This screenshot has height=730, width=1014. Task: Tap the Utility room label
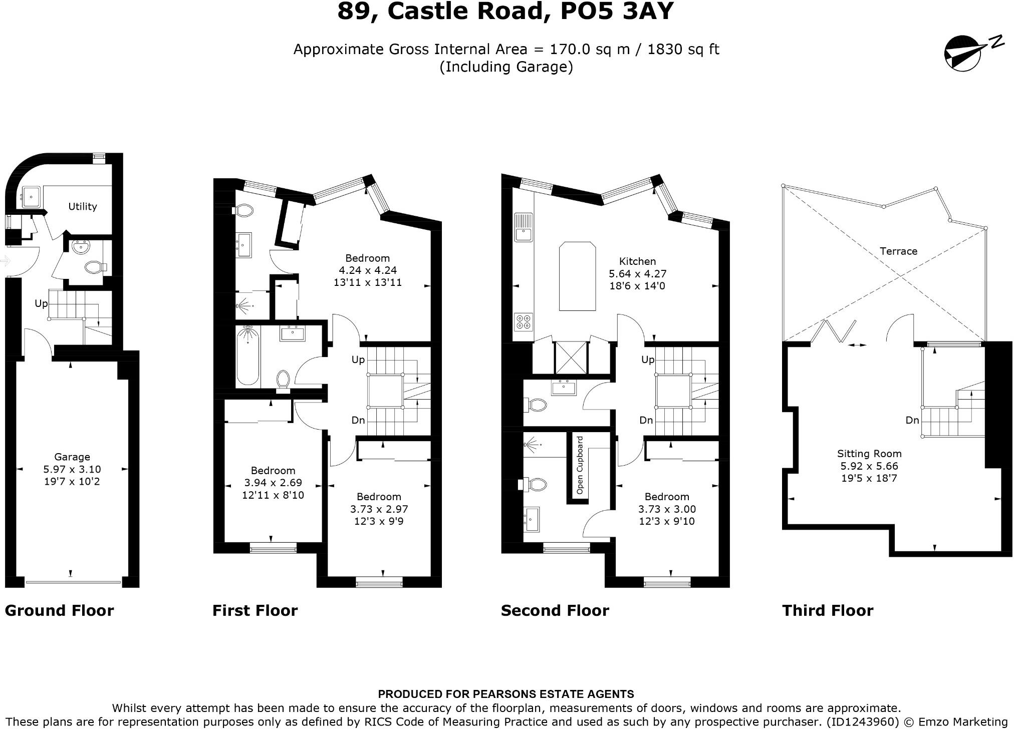pyautogui.click(x=83, y=206)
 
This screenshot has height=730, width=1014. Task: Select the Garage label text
pyautogui.click(x=72, y=457)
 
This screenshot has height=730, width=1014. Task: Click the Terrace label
pyautogui.click(x=898, y=251)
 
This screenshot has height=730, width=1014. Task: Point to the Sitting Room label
pyautogui.click(x=869, y=454)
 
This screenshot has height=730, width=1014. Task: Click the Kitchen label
pyautogui.click(x=637, y=261)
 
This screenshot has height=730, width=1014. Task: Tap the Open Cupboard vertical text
pyautogui.click(x=580, y=465)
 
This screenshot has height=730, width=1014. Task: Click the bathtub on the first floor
pyautogui.click(x=247, y=356)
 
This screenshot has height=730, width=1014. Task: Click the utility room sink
pyautogui.click(x=31, y=197)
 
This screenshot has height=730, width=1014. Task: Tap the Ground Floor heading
pyautogui.click(x=59, y=610)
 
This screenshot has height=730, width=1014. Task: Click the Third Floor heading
pyautogui.click(x=828, y=610)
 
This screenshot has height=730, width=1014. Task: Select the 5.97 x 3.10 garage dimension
pyautogui.click(x=72, y=469)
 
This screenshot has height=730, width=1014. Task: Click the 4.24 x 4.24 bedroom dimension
pyautogui.click(x=368, y=270)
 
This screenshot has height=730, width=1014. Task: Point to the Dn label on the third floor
pyautogui.click(x=912, y=420)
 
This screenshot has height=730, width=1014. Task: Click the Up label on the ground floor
pyautogui.click(x=41, y=303)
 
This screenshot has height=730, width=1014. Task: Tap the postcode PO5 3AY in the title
pyautogui.click(x=617, y=11)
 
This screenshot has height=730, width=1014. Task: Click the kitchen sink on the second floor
pyautogui.click(x=524, y=227)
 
